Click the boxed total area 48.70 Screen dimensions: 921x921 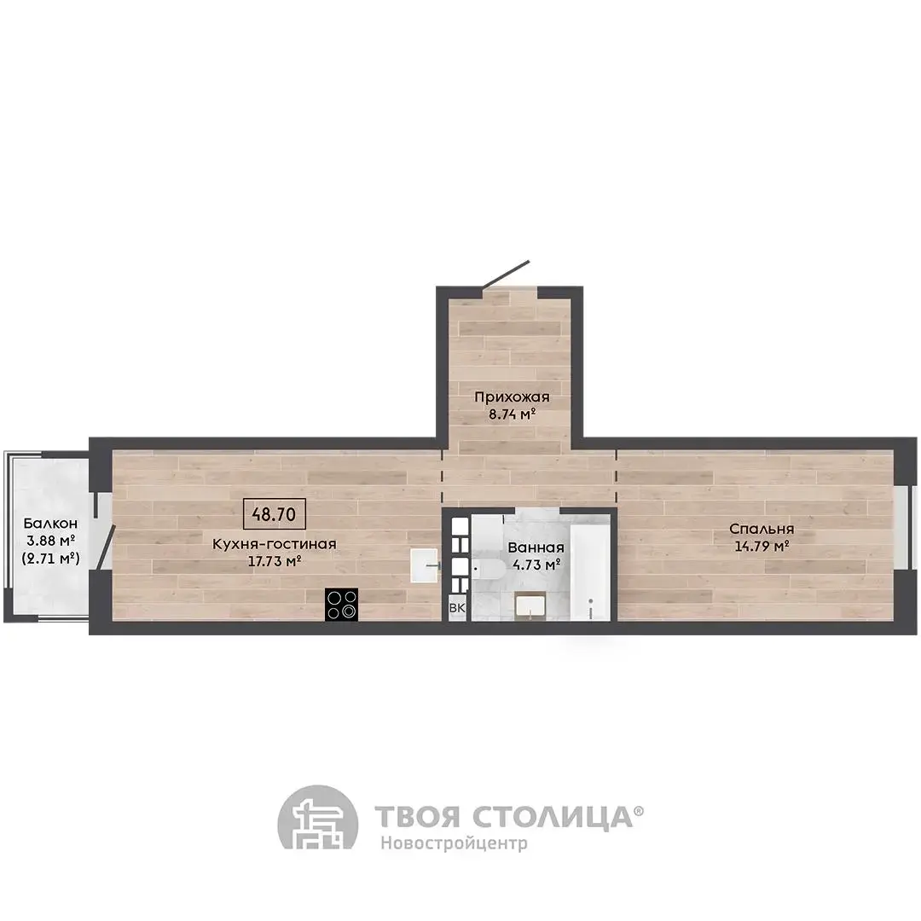[275, 514]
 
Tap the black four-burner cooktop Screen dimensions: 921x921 [341, 605]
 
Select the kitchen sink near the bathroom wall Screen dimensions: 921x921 [424, 565]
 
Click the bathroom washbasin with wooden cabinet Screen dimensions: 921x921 [530, 605]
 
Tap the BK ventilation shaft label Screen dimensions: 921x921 [456, 608]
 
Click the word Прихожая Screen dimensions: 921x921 [512, 397]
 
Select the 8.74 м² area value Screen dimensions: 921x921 [512, 414]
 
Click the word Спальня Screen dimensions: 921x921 [762, 529]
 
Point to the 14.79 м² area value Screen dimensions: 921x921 [762, 547]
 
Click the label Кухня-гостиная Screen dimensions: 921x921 [275, 544]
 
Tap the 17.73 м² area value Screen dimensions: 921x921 [275, 561]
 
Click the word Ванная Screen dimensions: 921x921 [536, 547]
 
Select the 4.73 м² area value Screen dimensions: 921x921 [536, 565]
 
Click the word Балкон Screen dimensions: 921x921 [50, 523]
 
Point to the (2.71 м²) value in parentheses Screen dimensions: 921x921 [50, 558]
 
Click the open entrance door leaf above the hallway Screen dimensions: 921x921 [506, 275]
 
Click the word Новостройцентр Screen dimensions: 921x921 [454, 843]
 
